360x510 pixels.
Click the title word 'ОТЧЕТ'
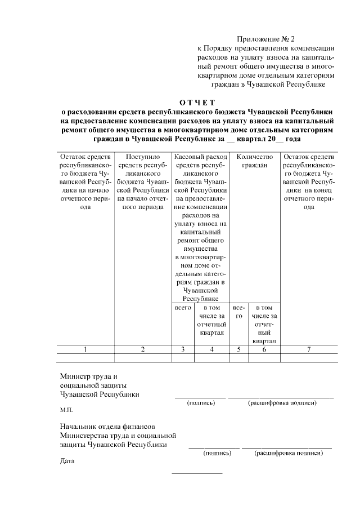tap(197, 102)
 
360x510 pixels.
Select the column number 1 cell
tap(85, 349)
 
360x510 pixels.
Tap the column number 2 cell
tap(142, 349)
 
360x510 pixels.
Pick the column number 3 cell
tap(183, 349)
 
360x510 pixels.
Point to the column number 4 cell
tap(211, 349)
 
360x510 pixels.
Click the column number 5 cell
tap(238, 349)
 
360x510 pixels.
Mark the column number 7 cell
tap(309, 349)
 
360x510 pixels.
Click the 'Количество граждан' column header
tap(255, 161)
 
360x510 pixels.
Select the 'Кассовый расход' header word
tap(201, 157)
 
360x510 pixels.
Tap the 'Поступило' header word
tap(143, 157)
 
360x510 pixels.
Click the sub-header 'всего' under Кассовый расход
tap(183, 308)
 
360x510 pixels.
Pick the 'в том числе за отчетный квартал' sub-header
tap(211, 320)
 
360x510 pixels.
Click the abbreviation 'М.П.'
tap(66, 411)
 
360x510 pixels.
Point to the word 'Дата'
tap(67, 462)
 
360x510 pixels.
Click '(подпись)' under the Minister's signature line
tap(200, 403)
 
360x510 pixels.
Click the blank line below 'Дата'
tap(197, 473)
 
